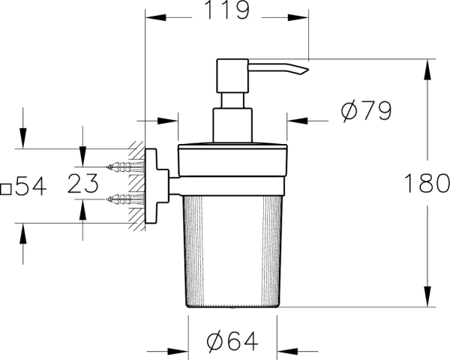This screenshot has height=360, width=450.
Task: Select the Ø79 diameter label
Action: coord(366,112)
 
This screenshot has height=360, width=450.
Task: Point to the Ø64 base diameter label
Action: coord(232,342)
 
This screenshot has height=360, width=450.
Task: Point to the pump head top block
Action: coord(232,75)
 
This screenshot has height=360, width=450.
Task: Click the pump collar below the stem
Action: coord(232,124)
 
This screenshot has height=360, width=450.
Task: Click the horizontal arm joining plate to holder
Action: coord(172,183)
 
